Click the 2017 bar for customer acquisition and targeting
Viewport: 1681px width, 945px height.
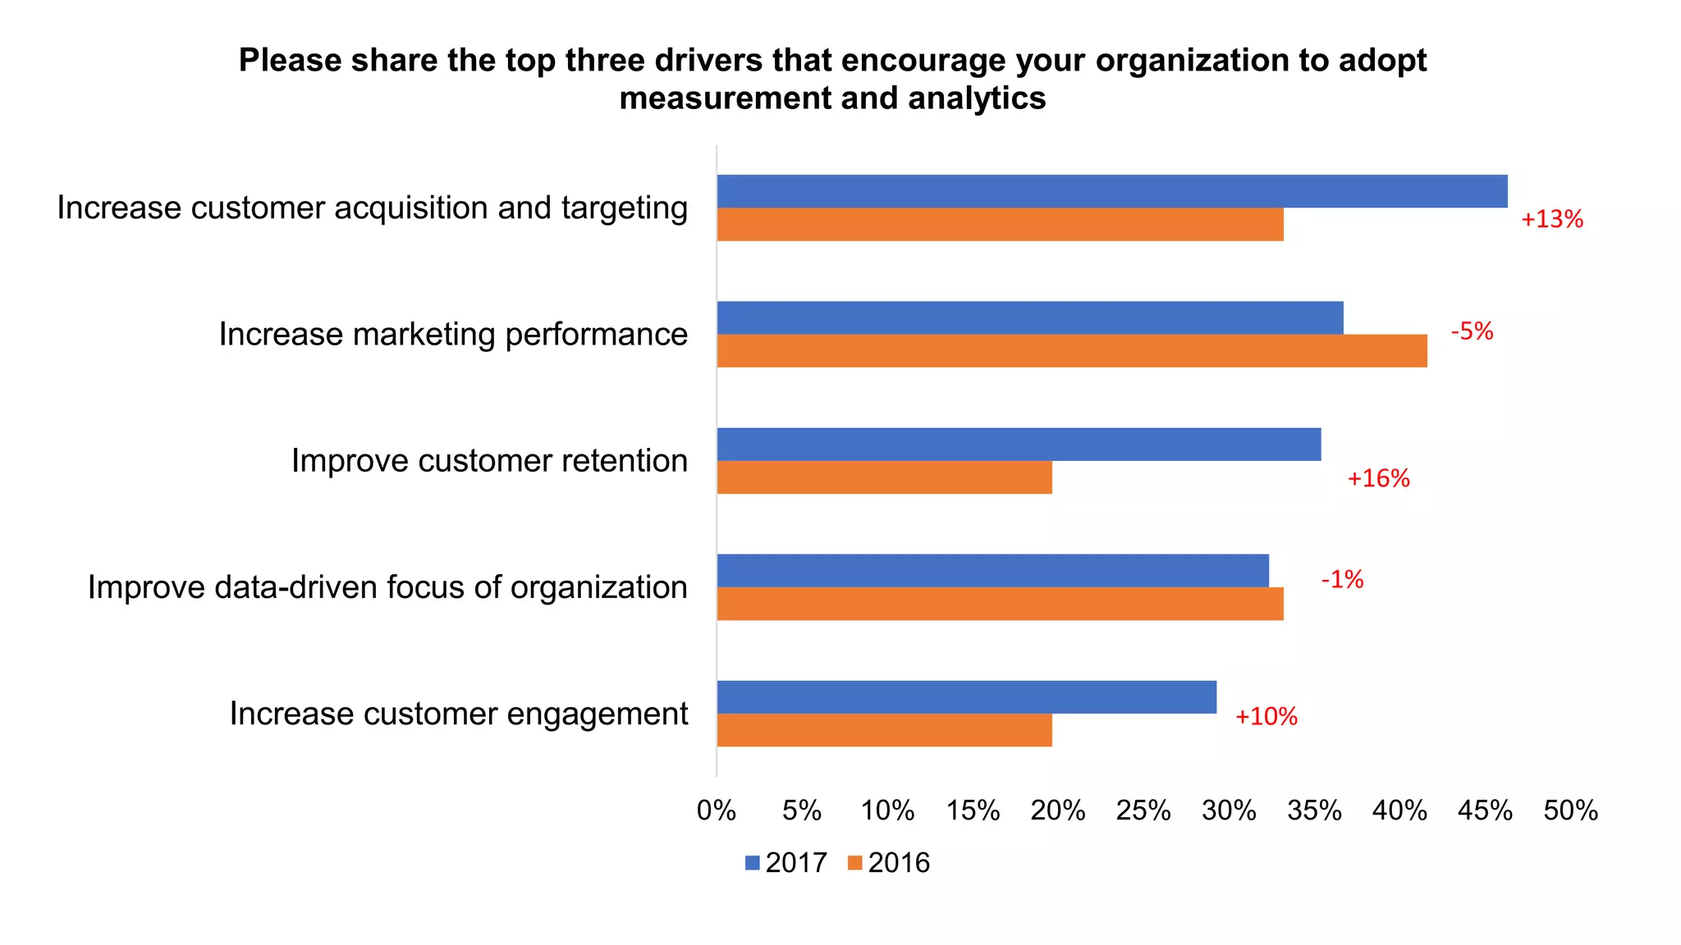point(1111,191)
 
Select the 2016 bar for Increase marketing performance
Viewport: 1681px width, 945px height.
point(1071,351)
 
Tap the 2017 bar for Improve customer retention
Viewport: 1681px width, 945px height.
point(1019,444)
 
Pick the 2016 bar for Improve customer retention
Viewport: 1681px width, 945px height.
point(884,477)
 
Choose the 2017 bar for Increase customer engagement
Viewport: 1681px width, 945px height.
point(966,697)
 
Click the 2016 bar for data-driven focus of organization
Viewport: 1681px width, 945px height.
point(1000,604)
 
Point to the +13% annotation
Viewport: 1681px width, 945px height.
point(1551,220)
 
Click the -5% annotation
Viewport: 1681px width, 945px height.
point(1472,331)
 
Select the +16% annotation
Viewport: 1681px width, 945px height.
point(1378,479)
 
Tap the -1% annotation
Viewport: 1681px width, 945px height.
point(1342,580)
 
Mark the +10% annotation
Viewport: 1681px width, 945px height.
point(1266,717)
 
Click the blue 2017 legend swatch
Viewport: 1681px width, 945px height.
point(753,863)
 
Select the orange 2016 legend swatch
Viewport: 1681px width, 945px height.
point(854,863)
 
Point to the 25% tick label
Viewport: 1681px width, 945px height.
point(1143,811)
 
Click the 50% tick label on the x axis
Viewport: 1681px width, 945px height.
point(1570,811)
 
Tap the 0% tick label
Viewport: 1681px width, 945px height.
point(716,811)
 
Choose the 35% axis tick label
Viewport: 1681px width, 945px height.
point(1314,811)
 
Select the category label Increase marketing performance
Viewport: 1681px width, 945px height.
point(453,335)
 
